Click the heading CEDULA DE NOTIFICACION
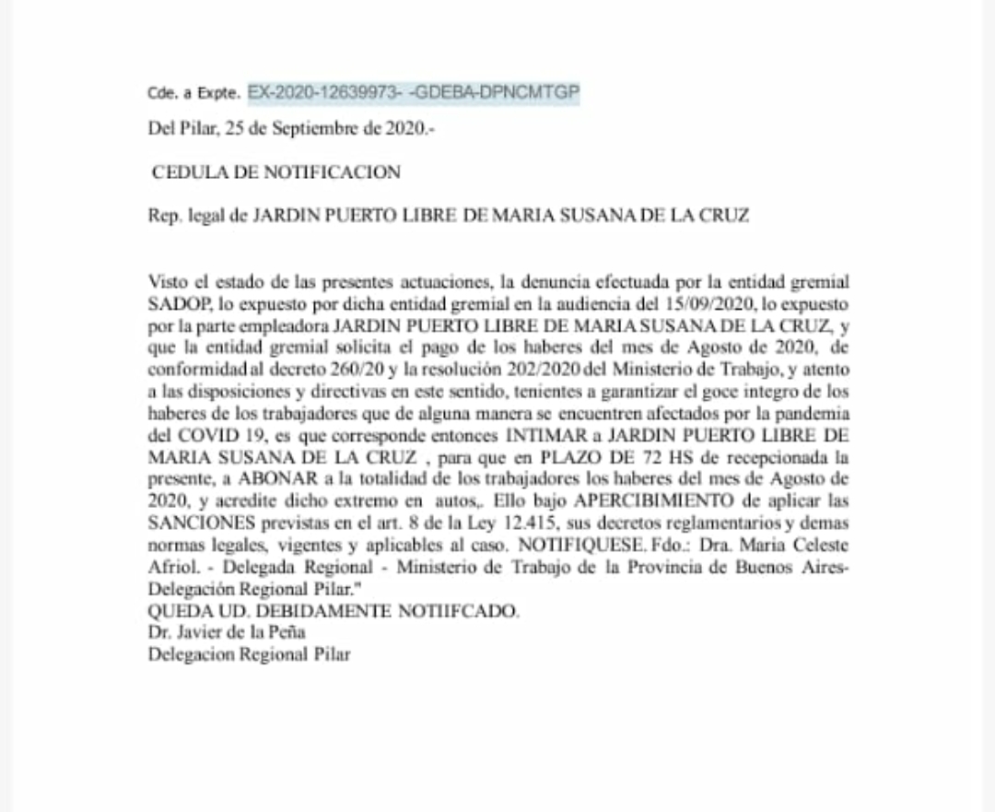[276, 172]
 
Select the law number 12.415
[485, 525]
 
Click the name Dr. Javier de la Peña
[227, 633]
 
